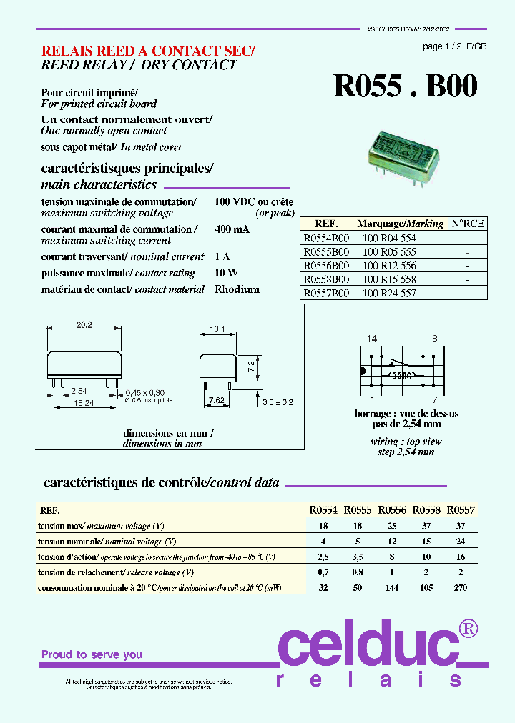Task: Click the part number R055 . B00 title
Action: pyautogui.click(x=405, y=86)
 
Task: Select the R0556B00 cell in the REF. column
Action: pyautogui.click(x=326, y=266)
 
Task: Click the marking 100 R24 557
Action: pyautogui.click(x=388, y=293)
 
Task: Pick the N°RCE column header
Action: pyautogui.click(x=468, y=223)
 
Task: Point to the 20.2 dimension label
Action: pyautogui.click(x=84, y=325)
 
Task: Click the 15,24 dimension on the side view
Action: pyautogui.click(x=84, y=403)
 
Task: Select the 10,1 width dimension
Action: pyautogui.click(x=217, y=329)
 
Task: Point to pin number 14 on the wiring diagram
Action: pyautogui.click(x=371, y=339)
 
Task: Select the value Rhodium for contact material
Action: pyautogui.click(x=237, y=289)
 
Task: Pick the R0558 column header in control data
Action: pyautogui.click(x=427, y=510)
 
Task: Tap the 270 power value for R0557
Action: pyautogui.click(x=461, y=587)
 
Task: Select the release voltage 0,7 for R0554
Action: pyautogui.click(x=323, y=572)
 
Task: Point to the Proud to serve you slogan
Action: pyautogui.click(x=92, y=654)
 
